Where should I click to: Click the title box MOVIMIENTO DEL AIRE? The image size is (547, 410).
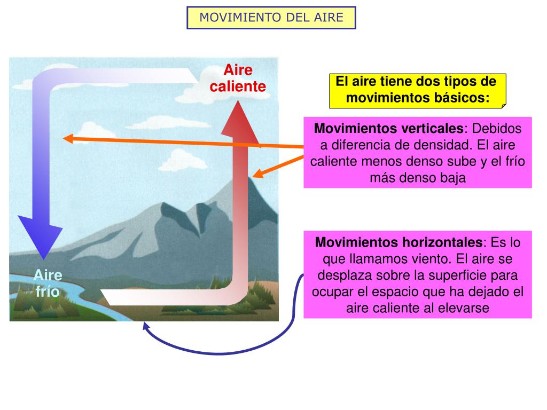pos(271,18)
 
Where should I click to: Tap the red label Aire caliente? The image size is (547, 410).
pos(238,78)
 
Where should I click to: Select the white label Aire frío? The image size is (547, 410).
pos(48,283)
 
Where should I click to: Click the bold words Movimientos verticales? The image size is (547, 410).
pos(389,129)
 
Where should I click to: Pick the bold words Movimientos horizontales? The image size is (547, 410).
pos(399,242)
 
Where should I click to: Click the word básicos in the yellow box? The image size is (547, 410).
pos(463,98)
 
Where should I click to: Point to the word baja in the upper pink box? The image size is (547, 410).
pos(454,178)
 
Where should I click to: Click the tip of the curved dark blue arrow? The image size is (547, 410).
pos(145,324)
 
